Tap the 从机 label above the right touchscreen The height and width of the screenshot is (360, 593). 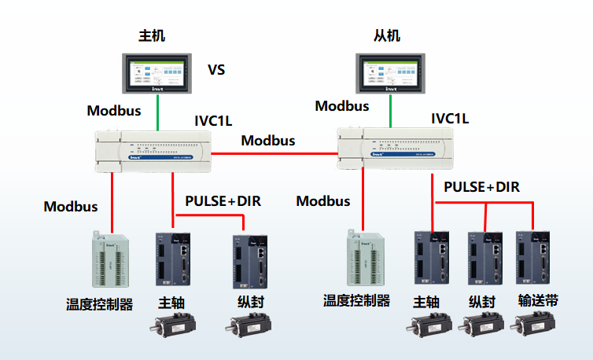tap(387, 35)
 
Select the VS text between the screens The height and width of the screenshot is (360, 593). tap(216, 70)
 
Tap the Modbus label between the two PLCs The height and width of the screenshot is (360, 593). tap(268, 141)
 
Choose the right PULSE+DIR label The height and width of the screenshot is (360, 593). tap(481, 187)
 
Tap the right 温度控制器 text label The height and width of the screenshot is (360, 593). tap(356, 301)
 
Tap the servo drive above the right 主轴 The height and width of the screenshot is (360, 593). tap(431, 259)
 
